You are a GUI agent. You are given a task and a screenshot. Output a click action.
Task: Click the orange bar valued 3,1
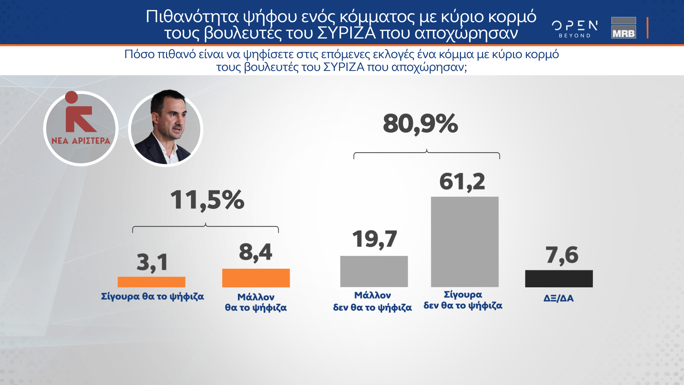point(151,282)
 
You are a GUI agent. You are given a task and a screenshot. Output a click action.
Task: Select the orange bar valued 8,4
point(256,278)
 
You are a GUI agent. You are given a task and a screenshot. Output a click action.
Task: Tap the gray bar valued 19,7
point(374,271)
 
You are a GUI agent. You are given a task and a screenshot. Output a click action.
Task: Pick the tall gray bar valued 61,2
point(465,242)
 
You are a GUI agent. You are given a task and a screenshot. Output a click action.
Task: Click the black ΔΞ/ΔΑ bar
point(559,278)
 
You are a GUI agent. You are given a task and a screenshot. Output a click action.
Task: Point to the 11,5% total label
point(207,200)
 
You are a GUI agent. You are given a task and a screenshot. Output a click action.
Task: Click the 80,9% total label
point(420,124)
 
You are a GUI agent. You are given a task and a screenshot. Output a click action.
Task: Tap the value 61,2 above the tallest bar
point(462,182)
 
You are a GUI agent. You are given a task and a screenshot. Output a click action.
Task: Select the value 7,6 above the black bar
point(562,255)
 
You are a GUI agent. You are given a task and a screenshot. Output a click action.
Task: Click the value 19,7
point(374,239)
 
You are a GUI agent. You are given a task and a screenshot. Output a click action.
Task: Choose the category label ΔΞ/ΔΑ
point(559,298)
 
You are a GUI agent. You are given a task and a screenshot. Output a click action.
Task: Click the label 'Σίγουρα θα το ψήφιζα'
point(152,297)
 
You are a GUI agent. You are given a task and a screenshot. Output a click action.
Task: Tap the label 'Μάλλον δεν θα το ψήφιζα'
point(372,301)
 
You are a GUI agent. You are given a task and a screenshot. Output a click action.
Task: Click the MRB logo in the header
point(623,28)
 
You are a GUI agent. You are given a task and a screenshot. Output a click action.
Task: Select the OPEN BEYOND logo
point(575,29)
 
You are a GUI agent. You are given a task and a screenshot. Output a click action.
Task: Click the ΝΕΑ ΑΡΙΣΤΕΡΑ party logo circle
point(81,129)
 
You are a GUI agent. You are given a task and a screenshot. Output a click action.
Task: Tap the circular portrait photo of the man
point(166,129)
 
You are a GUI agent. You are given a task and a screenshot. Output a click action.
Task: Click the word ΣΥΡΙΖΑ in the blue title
point(346,34)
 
